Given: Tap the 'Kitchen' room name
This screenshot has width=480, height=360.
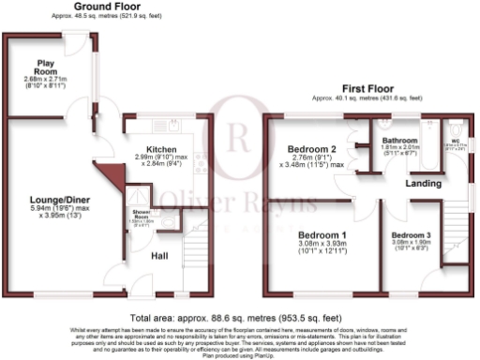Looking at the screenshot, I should tap(160, 148).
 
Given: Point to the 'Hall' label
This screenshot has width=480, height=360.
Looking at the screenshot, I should tap(159, 256).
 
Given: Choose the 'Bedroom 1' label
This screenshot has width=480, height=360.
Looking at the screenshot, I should tap(322, 234).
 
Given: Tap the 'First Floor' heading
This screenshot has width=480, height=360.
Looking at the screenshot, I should tap(366, 84).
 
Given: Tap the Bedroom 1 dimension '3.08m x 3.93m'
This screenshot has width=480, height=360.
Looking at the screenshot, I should tap(322, 243).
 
